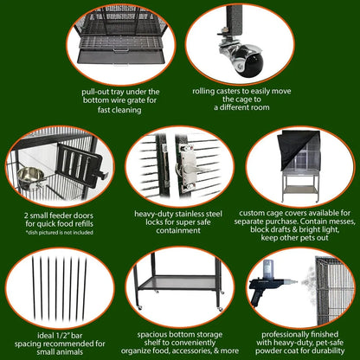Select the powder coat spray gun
tap(269, 286)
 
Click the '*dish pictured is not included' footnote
tap(60, 232)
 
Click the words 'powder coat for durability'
tap(299, 351)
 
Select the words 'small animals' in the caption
tap(61, 351)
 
